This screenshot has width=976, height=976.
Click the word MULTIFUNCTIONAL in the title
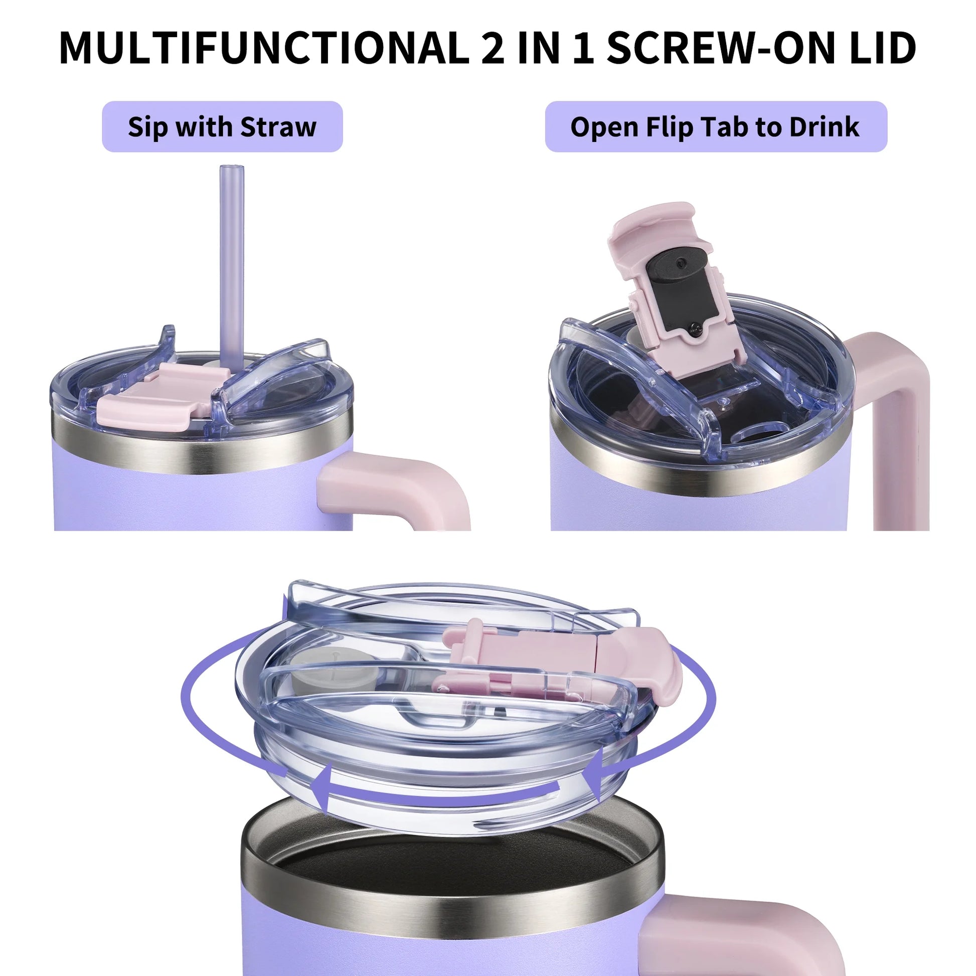click(x=264, y=48)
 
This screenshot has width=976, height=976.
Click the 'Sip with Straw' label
click(x=222, y=127)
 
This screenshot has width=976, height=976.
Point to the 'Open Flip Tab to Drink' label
click(x=715, y=127)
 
